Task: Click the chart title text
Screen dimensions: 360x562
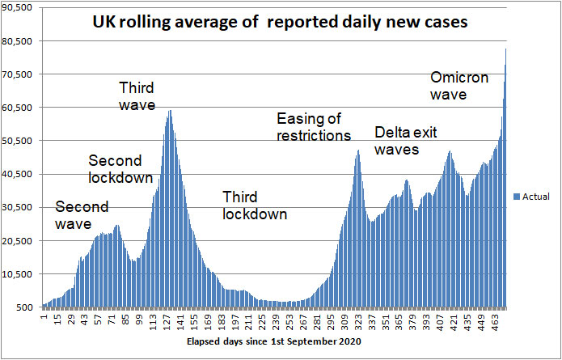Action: click(x=281, y=24)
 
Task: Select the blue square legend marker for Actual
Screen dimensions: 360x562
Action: click(x=517, y=197)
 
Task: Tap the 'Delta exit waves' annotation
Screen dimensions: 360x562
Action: click(x=408, y=141)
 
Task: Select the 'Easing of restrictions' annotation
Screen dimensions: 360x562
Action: click(x=313, y=127)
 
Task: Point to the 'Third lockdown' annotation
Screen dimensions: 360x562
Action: click(x=255, y=205)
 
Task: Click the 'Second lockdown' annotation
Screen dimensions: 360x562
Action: click(x=115, y=168)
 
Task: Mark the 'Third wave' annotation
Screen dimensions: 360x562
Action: click(x=136, y=95)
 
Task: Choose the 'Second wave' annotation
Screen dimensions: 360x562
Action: click(x=82, y=214)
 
